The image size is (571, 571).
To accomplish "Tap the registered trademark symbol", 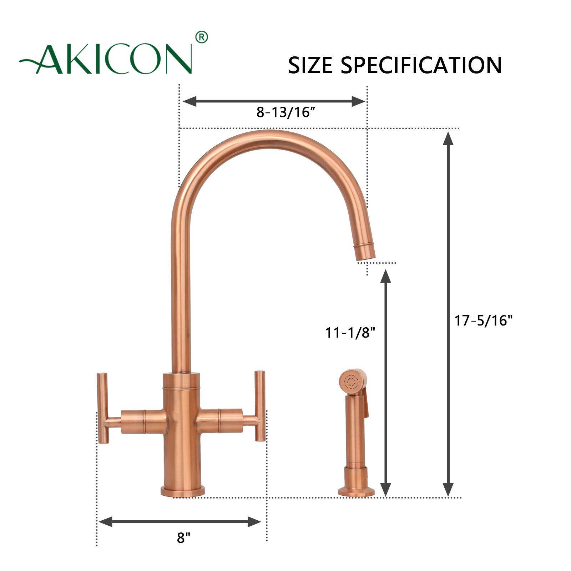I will (202, 37).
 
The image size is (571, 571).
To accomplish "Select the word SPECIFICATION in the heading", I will (421, 65).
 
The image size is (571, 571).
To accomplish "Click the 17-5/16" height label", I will (483, 320).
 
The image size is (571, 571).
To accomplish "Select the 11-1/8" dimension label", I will (350, 333).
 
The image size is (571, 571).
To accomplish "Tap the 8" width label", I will (183, 538).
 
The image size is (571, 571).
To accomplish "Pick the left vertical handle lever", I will (103, 408).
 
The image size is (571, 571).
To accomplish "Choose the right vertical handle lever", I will (260, 406).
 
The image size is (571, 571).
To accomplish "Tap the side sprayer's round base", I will (356, 492).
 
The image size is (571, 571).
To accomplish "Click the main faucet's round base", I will (183, 491).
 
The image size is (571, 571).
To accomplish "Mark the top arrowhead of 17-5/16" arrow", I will (448, 138).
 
